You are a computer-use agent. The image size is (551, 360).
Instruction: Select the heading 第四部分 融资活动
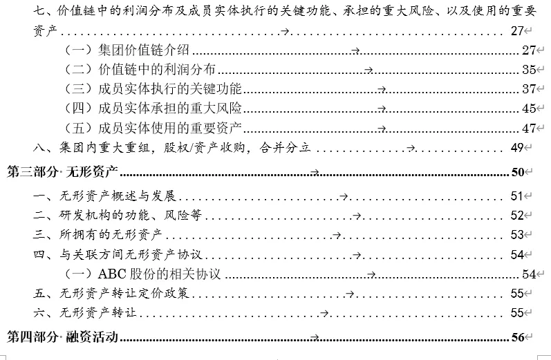click(62, 337)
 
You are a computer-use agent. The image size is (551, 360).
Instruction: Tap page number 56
click(517, 337)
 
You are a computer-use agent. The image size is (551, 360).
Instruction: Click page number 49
click(517, 148)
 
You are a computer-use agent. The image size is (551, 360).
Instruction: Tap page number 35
click(530, 69)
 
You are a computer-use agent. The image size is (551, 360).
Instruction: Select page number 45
click(530, 108)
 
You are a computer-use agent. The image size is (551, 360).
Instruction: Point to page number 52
click(517, 215)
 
